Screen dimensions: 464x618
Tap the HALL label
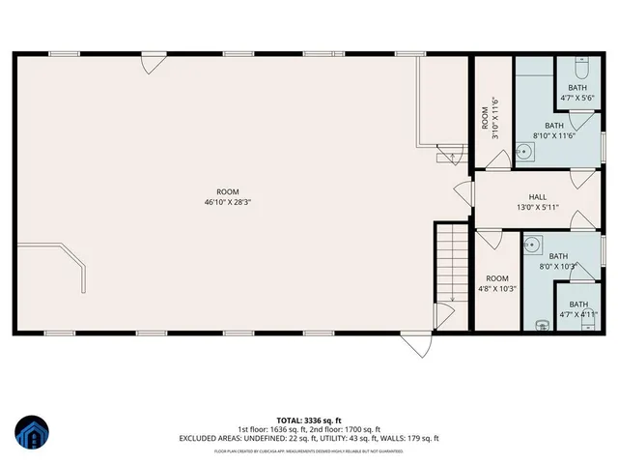tap(537, 197)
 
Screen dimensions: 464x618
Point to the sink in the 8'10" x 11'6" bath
tap(522, 151)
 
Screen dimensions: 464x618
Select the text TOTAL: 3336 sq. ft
tap(309, 420)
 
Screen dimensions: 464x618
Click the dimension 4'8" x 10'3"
tap(497, 288)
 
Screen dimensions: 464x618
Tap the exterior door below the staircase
tap(416, 345)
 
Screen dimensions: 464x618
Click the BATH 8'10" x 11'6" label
tap(554, 130)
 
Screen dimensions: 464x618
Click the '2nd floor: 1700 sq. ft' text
tap(344, 429)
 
